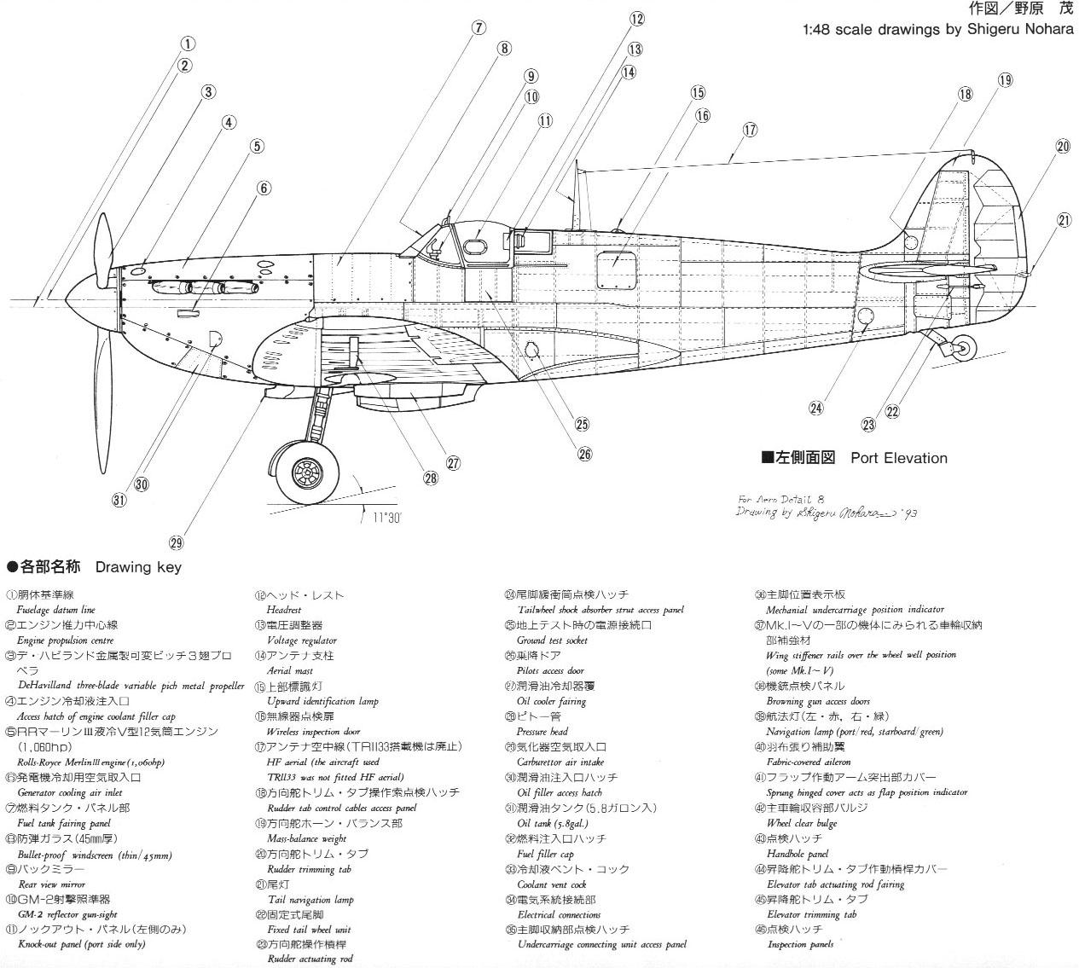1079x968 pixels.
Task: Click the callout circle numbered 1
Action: [x=189, y=43]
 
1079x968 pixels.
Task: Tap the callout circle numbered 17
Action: [x=750, y=130]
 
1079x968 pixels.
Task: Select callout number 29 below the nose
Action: [x=177, y=543]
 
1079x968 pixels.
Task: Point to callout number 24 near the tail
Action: [x=816, y=408]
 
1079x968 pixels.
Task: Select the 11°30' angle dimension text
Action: [x=386, y=518]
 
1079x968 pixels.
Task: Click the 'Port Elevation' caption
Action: [x=898, y=458]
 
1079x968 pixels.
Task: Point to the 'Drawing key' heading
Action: [x=138, y=567]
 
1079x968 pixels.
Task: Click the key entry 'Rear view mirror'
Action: [x=51, y=884]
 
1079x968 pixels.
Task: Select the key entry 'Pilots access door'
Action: [x=550, y=671]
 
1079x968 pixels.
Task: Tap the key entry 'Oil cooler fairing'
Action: [x=551, y=702]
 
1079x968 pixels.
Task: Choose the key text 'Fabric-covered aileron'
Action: [x=808, y=762]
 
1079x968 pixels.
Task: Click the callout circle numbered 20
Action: [x=1062, y=147]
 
